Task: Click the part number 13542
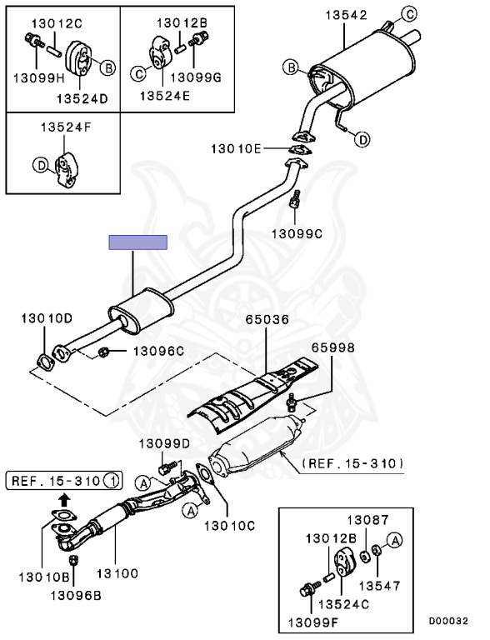click(x=346, y=15)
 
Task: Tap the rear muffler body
click(x=363, y=72)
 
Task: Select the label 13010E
click(x=236, y=148)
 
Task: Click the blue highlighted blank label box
click(x=138, y=242)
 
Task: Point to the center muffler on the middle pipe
click(x=141, y=309)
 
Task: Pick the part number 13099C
click(x=297, y=234)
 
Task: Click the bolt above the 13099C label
click(x=295, y=200)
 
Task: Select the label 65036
click(x=267, y=320)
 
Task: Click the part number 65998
click(x=333, y=347)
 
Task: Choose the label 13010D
click(x=47, y=318)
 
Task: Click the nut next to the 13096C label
click(x=103, y=352)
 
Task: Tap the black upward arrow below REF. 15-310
click(x=64, y=499)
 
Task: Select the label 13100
click(x=117, y=573)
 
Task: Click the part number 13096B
click(x=76, y=596)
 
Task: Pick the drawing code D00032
click(x=448, y=621)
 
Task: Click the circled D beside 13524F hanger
click(x=41, y=165)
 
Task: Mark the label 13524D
click(x=82, y=98)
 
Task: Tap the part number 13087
click(x=367, y=520)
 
